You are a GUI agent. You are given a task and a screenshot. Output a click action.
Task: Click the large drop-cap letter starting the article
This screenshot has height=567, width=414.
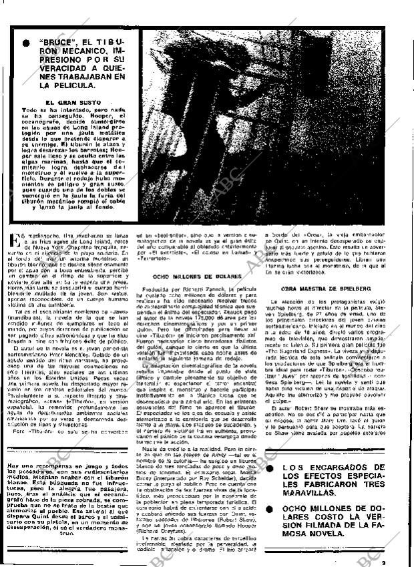[15, 237]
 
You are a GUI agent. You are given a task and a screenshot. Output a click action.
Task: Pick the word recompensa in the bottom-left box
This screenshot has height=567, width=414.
[50, 463]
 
